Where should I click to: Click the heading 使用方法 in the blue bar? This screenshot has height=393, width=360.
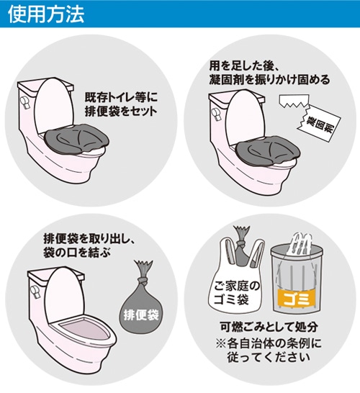[46, 14]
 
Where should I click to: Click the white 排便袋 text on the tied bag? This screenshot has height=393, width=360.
[141, 315]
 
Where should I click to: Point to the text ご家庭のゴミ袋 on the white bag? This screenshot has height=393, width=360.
[236, 293]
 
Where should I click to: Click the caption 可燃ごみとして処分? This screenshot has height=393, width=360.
[269, 327]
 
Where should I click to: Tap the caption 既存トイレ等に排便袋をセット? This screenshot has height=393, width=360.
[121, 105]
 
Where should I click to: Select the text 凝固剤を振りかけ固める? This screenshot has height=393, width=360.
[269, 80]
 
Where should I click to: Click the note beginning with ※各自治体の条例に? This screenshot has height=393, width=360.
[269, 350]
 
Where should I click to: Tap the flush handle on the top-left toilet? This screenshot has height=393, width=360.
[25, 102]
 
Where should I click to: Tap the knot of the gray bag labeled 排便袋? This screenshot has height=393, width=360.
[143, 281]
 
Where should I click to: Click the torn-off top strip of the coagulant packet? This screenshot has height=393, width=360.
[294, 101]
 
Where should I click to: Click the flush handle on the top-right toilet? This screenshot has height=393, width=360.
[217, 115]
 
